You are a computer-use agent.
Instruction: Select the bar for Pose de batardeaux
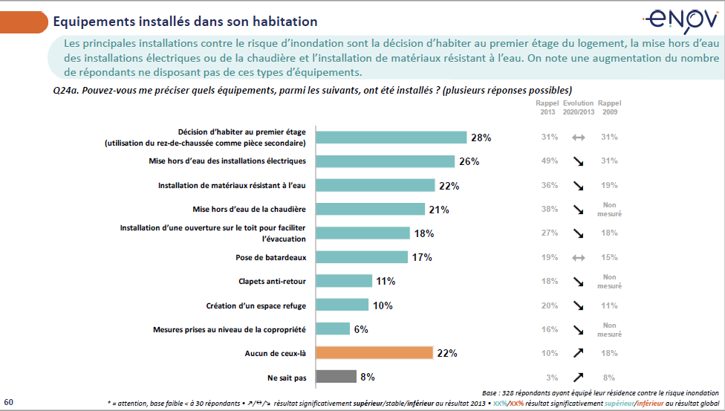(362, 257)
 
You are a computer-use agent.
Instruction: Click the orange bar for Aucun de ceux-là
(374, 352)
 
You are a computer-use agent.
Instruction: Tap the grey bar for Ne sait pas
(336, 376)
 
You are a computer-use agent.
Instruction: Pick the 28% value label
(481, 137)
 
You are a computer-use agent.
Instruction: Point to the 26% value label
(469, 161)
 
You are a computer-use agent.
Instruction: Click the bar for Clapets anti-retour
(344, 281)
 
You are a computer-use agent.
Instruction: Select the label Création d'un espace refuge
(257, 305)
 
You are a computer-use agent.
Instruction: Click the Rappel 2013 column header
(549, 108)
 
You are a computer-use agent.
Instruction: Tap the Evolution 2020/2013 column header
(579, 108)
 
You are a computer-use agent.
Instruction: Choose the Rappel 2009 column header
(610, 108)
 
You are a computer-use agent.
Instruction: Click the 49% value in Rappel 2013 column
(549, 161)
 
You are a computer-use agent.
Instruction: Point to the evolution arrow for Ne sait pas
(579, 377)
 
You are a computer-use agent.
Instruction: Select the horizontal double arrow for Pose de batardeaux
(579, 258)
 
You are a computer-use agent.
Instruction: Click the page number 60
(9, 401)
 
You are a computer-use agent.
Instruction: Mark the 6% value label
(361, 329)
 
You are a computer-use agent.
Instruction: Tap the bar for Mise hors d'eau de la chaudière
(371, 210)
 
